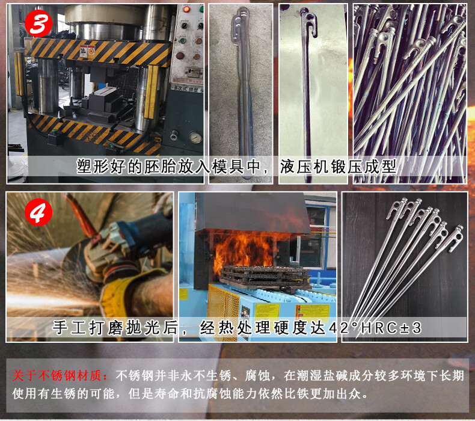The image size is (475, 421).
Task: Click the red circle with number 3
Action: point(38,23)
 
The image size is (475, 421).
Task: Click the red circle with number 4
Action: point(38,213)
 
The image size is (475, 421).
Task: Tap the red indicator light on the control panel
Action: point(186,10)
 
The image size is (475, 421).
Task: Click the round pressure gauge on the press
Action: point(195,137)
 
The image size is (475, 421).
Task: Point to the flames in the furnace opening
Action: point(242,248)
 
